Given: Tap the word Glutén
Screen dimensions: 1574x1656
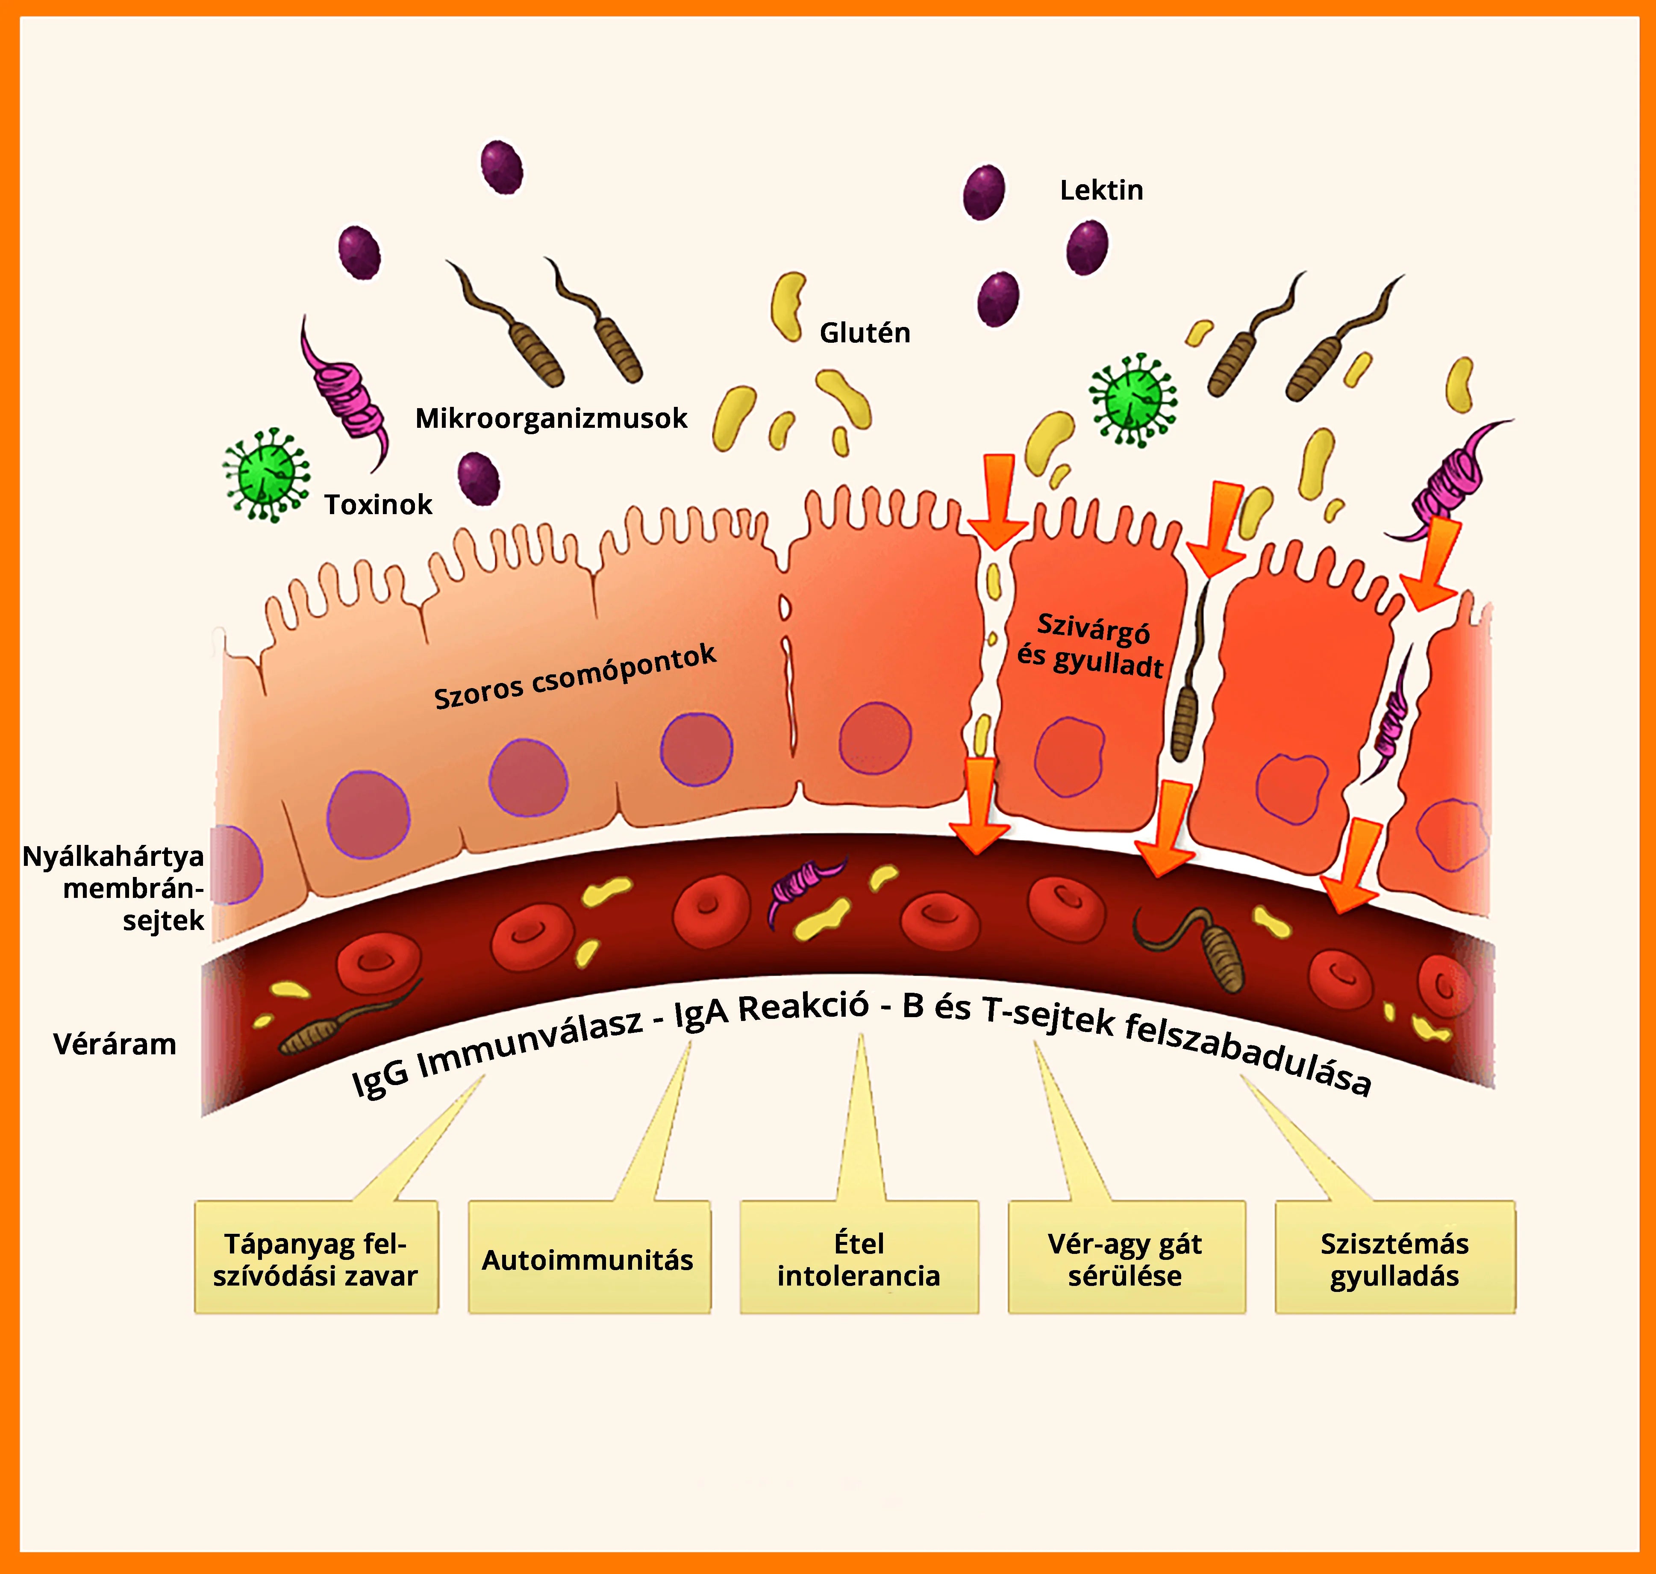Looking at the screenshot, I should [x=864, y=333].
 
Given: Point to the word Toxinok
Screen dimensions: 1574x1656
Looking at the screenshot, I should [x=378, y=504].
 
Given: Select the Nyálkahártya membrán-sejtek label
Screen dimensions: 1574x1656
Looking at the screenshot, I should [x=113, y=889].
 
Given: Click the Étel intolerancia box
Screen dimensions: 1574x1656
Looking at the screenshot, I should [x=859, y=1259].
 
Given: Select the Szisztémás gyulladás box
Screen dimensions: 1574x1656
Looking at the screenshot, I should [x=1394, y=1259].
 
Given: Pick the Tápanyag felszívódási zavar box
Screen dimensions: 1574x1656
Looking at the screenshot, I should [x=315, y=1259].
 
